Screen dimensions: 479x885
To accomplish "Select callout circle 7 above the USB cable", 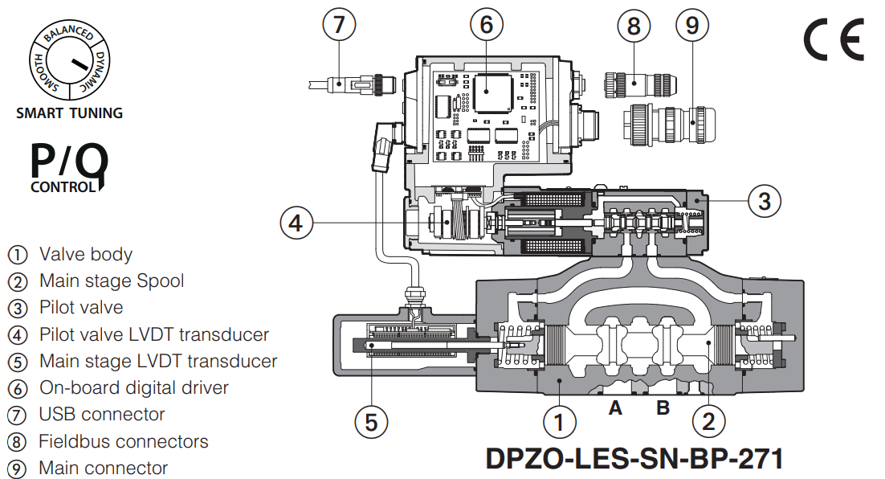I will (x=339, y=25).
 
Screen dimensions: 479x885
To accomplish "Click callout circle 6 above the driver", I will (x=486, y=25).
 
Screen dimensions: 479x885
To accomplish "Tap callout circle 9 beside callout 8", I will (x=692, y=25).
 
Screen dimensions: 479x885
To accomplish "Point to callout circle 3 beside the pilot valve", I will (x=765, y=201).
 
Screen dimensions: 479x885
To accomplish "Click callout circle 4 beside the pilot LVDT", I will (x=296, y=221).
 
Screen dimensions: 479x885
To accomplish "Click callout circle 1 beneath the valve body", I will (x=560, y=420).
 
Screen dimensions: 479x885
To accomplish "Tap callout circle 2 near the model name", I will (x=708, y=420).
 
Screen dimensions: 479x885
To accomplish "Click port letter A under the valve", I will (x=615, y=408).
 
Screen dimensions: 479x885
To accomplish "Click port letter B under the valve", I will (x=663, y=408).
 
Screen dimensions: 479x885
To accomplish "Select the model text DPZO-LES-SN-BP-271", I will (x=634, y=458).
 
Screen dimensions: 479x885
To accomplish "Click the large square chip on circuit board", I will (x=492, y=94).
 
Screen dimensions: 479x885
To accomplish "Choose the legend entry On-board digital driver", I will (x=133, y=387).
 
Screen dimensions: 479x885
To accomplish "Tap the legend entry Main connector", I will (x=103, y=468).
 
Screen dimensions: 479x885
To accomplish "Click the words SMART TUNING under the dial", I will (x=70, y=113).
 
